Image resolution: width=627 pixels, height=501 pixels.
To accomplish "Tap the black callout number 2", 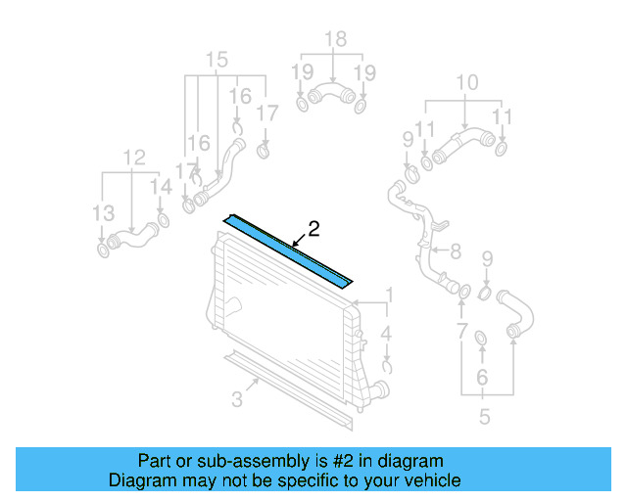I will (x=313, y=230).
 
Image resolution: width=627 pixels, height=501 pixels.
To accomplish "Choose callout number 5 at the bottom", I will (x=482, y=377).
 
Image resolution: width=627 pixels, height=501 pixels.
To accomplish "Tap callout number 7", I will (x=456, y=252).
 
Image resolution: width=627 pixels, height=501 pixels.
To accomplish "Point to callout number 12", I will (x=133, y=157).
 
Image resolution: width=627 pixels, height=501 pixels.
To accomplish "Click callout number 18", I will (x=336, y=39).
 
